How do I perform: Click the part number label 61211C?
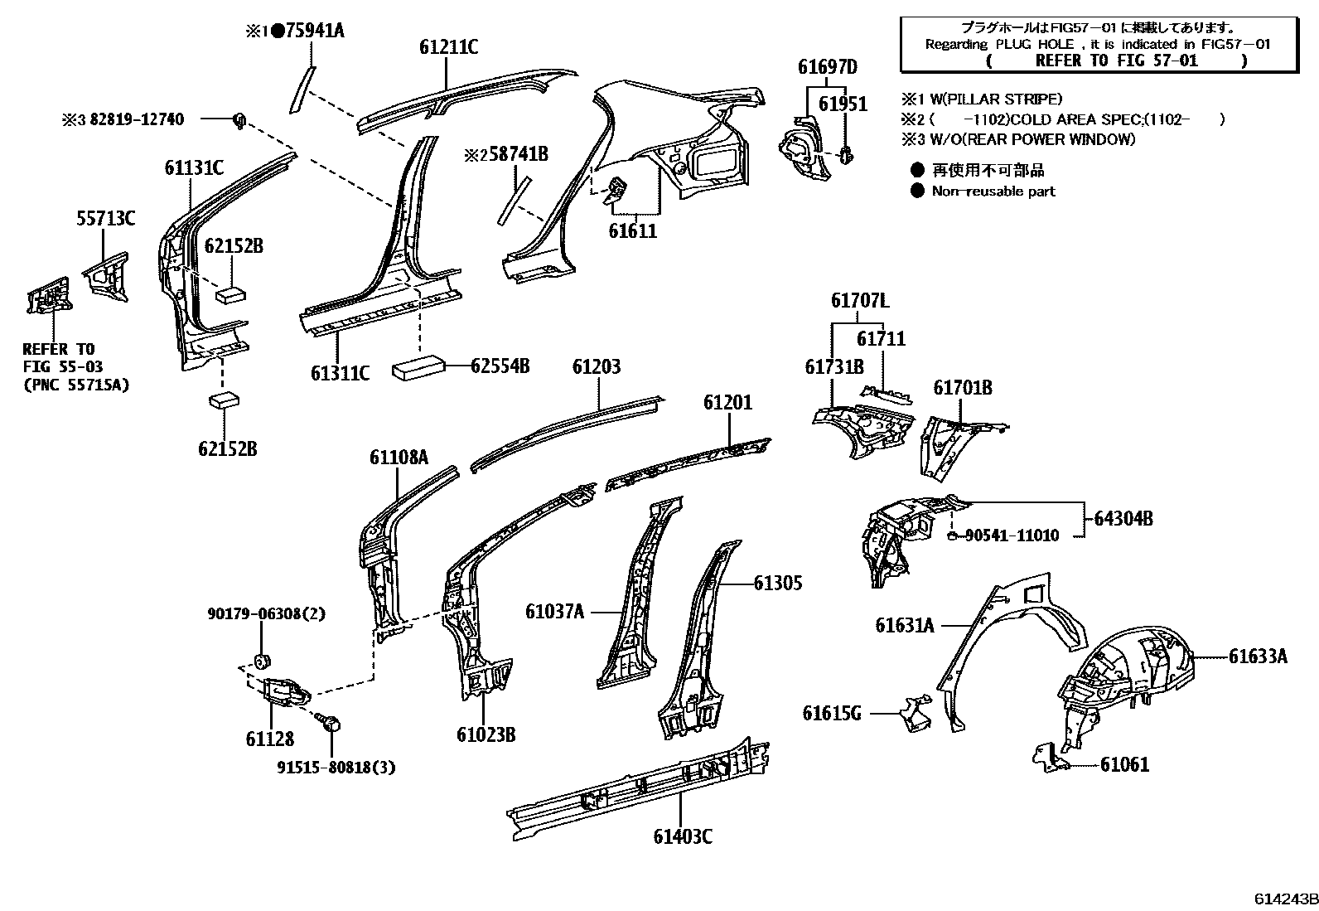point(448,48)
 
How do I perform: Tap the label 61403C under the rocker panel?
point(682,836)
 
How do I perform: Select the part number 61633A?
point(1258,657)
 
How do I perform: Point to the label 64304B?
point(1123,519)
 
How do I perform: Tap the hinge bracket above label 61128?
point(286,690)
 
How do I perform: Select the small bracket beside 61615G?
point(912,715)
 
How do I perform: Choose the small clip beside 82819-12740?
point(239,120)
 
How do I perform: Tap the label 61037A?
point(554,612)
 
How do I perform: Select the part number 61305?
point(778,583)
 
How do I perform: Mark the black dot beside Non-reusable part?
point(917,191)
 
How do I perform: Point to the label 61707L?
point(860,301)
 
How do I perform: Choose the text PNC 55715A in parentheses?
point(76,385)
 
